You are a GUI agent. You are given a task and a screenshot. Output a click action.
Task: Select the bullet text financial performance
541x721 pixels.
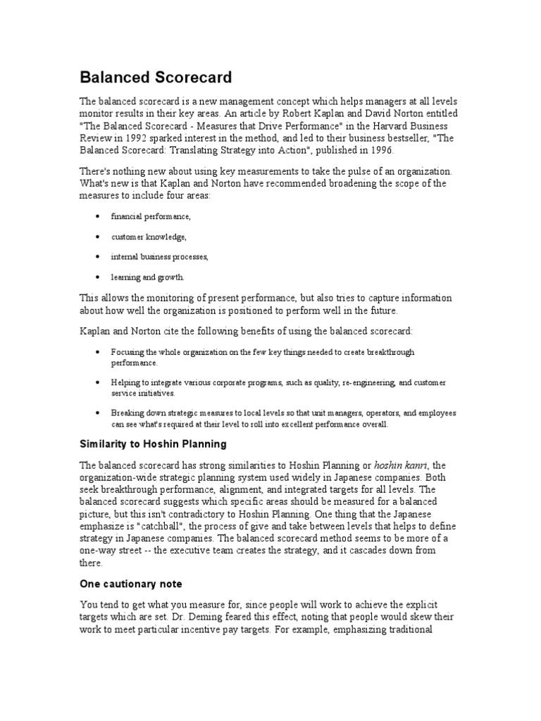tap(151, 216)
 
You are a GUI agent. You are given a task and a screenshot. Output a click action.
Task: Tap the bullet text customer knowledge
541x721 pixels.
tap(149, 237)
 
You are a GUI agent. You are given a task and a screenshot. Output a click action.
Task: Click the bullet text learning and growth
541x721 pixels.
tap(147, 277)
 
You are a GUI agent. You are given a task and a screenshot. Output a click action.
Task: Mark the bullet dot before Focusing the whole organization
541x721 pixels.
tap(96, 351)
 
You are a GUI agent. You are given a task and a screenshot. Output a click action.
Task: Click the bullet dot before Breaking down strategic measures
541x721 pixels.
tap(96, 413)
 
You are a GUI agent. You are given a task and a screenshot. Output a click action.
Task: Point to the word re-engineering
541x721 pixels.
tap(366, 382)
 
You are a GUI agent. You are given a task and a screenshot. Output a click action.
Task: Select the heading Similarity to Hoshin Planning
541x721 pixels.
tap(153, 444)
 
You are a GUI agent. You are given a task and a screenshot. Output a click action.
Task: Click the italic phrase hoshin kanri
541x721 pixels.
tap(399, 465)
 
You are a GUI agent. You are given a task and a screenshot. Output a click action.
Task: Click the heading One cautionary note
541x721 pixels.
tap(130, 584)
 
